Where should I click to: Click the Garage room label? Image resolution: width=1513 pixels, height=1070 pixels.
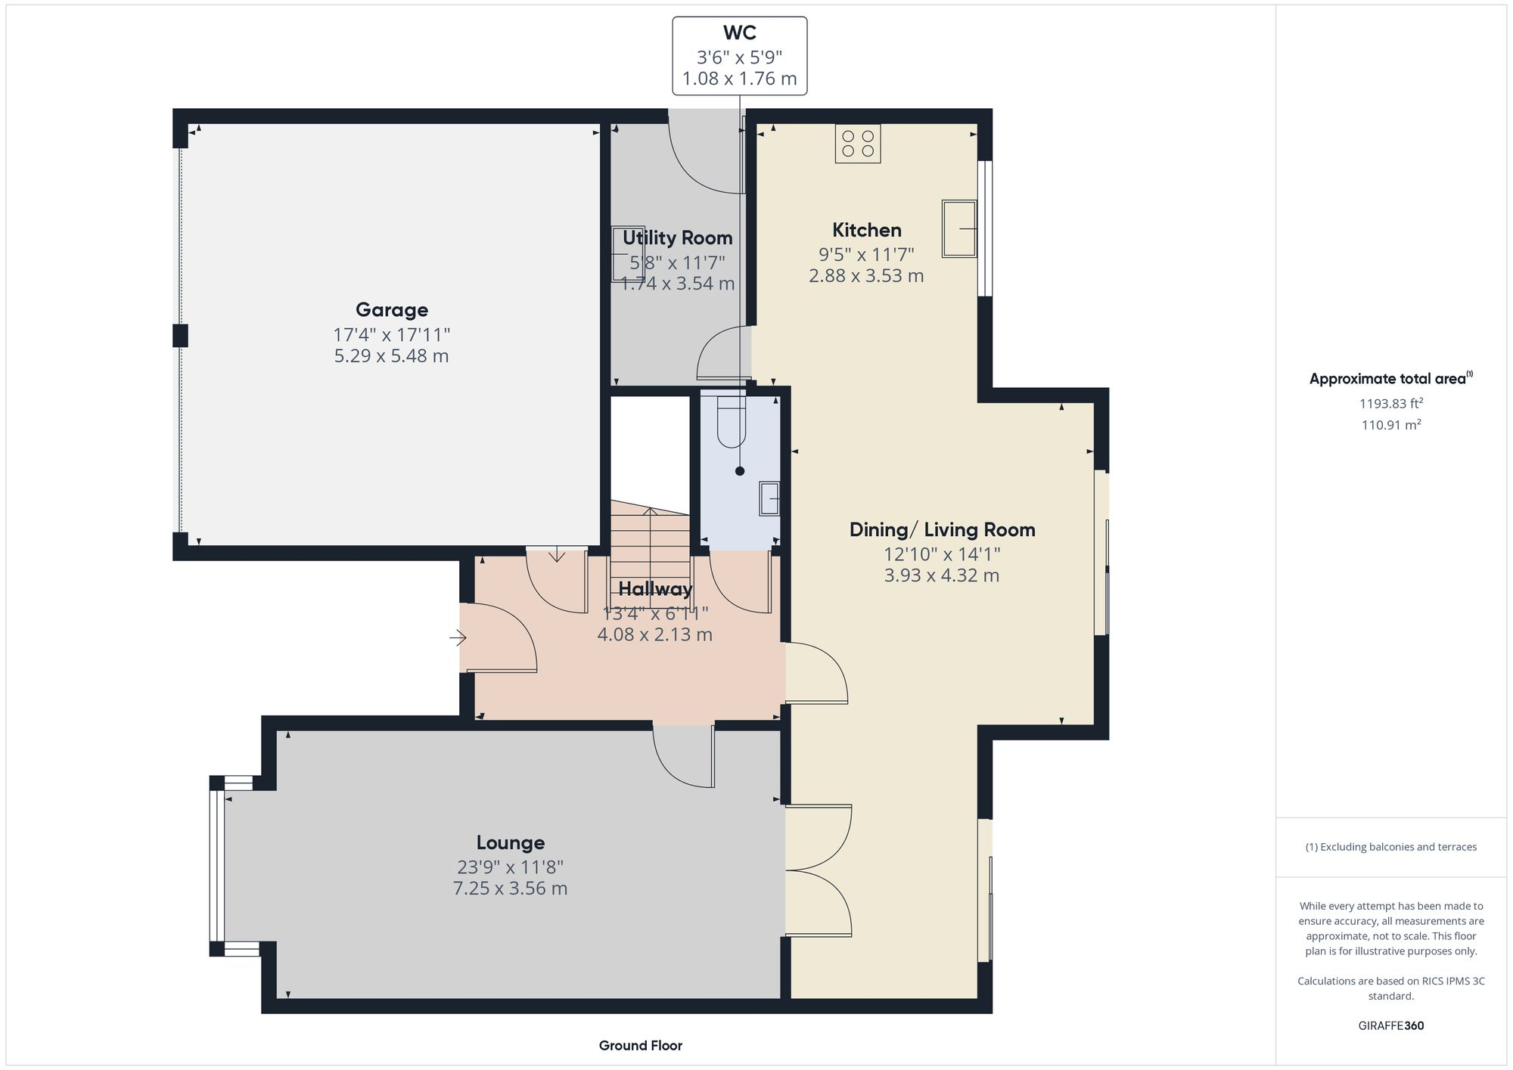click(x=392, y=310)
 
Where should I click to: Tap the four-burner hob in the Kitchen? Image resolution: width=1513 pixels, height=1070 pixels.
click(x=858, y=144)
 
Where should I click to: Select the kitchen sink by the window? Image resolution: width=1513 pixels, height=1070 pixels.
click(x=958, y=228)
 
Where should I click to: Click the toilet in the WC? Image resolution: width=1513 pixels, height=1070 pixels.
click(x=732, y=423)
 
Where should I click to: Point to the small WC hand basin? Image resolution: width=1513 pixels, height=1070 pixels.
click(x=769, y=498)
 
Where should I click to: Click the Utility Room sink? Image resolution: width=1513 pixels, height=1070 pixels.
click(x=627, y=254)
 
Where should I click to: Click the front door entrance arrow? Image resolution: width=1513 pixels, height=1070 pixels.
click(x=458, y=638)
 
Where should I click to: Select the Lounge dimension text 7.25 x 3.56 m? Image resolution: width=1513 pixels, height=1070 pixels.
click(x=510, y=889)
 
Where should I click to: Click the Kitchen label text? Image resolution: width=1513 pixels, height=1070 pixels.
click(x=867, y=231)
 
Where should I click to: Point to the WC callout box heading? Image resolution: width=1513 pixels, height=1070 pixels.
click(x=739, y=33)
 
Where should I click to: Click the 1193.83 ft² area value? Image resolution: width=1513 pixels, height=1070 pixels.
click(x=1390, y=404)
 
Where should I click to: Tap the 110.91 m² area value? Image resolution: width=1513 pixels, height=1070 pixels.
click(x=1390, y=425)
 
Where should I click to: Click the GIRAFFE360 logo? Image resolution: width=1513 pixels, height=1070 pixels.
click(x=1390, y=1026)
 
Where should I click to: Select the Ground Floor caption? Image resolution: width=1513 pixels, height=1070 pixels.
click(x=640, y=1046)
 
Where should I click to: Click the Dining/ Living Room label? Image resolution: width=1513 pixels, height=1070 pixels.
click(x=942, y=530)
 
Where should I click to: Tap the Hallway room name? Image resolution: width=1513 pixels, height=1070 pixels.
click(x=655, y=589)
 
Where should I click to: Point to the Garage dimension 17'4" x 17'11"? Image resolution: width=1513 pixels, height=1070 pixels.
click(x=392, y=334)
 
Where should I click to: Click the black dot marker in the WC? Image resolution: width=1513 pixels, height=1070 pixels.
click(x=740, y=471)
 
